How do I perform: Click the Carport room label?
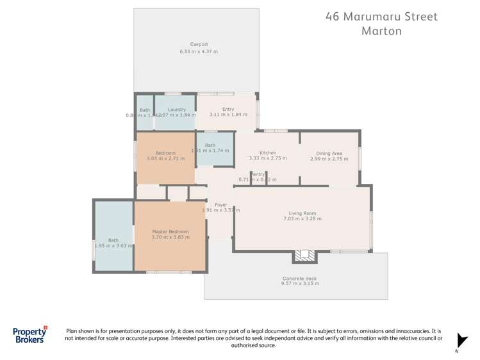[199, 44]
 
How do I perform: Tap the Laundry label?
[176, 110]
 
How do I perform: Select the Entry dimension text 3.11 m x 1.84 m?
[228, 115]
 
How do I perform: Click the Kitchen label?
[267, 152]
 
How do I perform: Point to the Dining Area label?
[329, 153]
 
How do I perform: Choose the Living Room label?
[302, 213]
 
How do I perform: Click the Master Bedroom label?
[170, 231]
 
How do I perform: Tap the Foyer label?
[220, 204]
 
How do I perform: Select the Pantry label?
[258, 174]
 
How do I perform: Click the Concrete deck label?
[299, 278]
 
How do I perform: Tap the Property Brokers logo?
[31, 334]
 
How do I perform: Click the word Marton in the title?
[381, 31]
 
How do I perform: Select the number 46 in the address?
[333, 16]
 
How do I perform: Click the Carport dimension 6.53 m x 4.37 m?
[199, 51]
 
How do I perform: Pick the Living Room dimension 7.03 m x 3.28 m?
[302, 219]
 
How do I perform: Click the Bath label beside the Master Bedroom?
[113, 240]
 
